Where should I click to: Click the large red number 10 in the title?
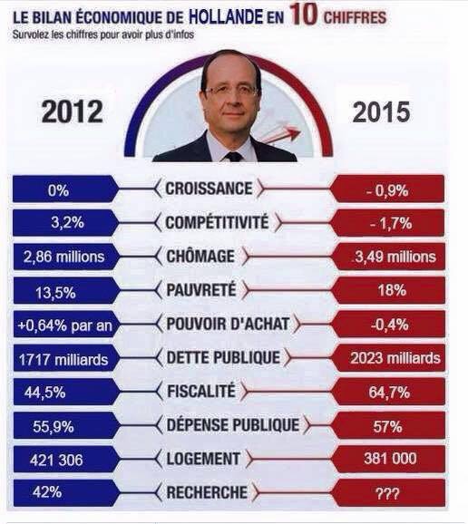pos(304,15)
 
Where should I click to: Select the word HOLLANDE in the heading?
pos(226,16)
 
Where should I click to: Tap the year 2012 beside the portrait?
pos(73,112)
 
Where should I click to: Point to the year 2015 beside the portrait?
pos(381,112)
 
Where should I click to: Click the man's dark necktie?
pos(234,157)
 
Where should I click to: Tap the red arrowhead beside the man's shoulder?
pos(294,132)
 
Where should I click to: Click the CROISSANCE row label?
pos(209,189)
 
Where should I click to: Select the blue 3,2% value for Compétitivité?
pos(67,222)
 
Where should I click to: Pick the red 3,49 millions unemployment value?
pos(395,257)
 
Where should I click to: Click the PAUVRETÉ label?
pos(201,290)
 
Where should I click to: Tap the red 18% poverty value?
pos(392,290)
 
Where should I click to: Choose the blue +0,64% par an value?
pos(64,325)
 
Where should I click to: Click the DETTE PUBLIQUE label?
pos(223,357)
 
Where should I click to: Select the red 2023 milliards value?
pos(395,358)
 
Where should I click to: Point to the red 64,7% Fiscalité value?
pos(389,393)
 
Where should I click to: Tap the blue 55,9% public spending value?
pos(54,427)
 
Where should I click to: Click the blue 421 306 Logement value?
pos(56,461)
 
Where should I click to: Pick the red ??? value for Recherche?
pos(388,493)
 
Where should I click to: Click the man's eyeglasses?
pos(230,91)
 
